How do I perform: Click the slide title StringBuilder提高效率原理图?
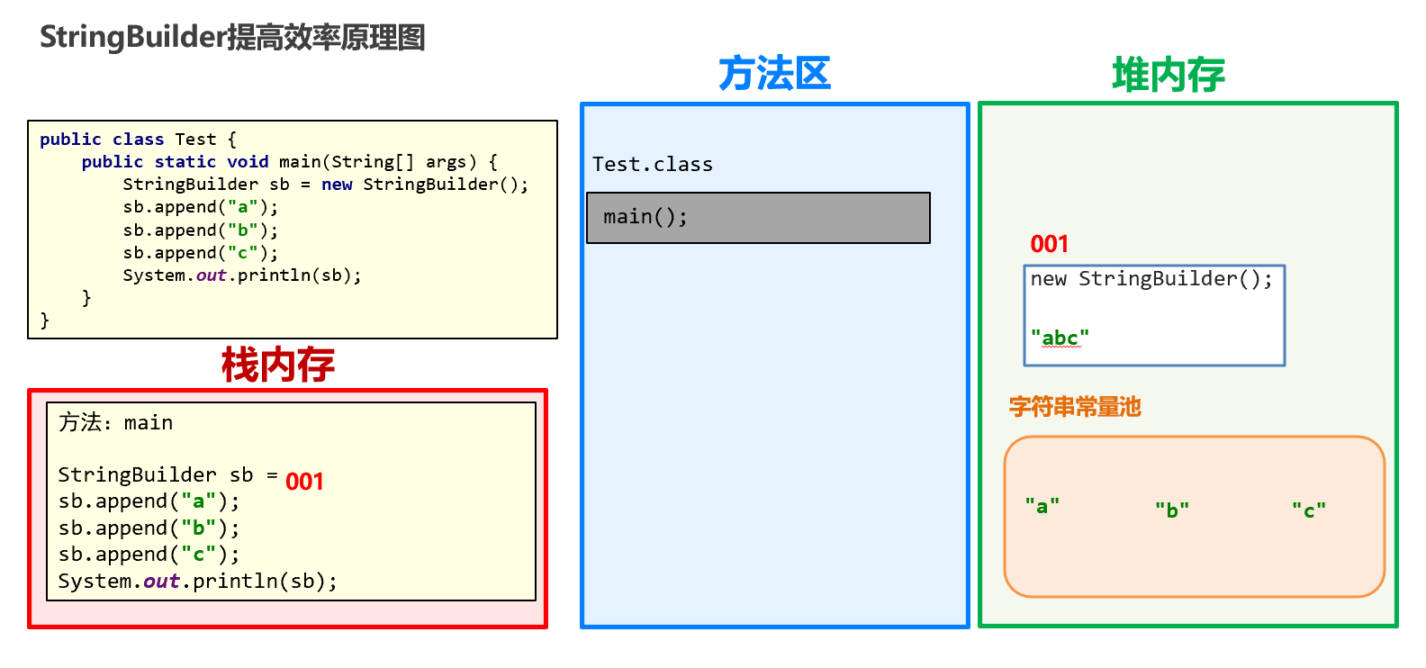[x=232, y=37]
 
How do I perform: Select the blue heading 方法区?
[x=774, y=74]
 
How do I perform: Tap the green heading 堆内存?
[x=1169, y=75]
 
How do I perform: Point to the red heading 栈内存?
[x=278, y=365]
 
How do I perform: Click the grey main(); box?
[x=757, y=218]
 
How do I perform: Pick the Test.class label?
[x=652, y=165]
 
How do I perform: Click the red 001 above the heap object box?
[x=1049, y=244]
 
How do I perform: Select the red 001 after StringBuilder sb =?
[x=304, y=482]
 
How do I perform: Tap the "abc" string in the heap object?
[x=1060, y=338]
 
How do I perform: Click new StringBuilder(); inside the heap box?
[x=1151, y=279]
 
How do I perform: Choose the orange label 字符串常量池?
[x=1075, y=407]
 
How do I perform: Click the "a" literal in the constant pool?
[x=1042, y=506]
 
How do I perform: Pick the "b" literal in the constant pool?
[x=1172, y=510]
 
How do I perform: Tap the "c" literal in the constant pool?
[x=1309, y=510]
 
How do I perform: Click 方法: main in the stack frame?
[x=115, y=422]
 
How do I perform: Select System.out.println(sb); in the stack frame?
[x=197, y=582]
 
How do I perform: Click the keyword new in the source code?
[x=337, y=185]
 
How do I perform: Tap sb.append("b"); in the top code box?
[x=200, y=230]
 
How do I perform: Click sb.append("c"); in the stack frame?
[x=149, y=555]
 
